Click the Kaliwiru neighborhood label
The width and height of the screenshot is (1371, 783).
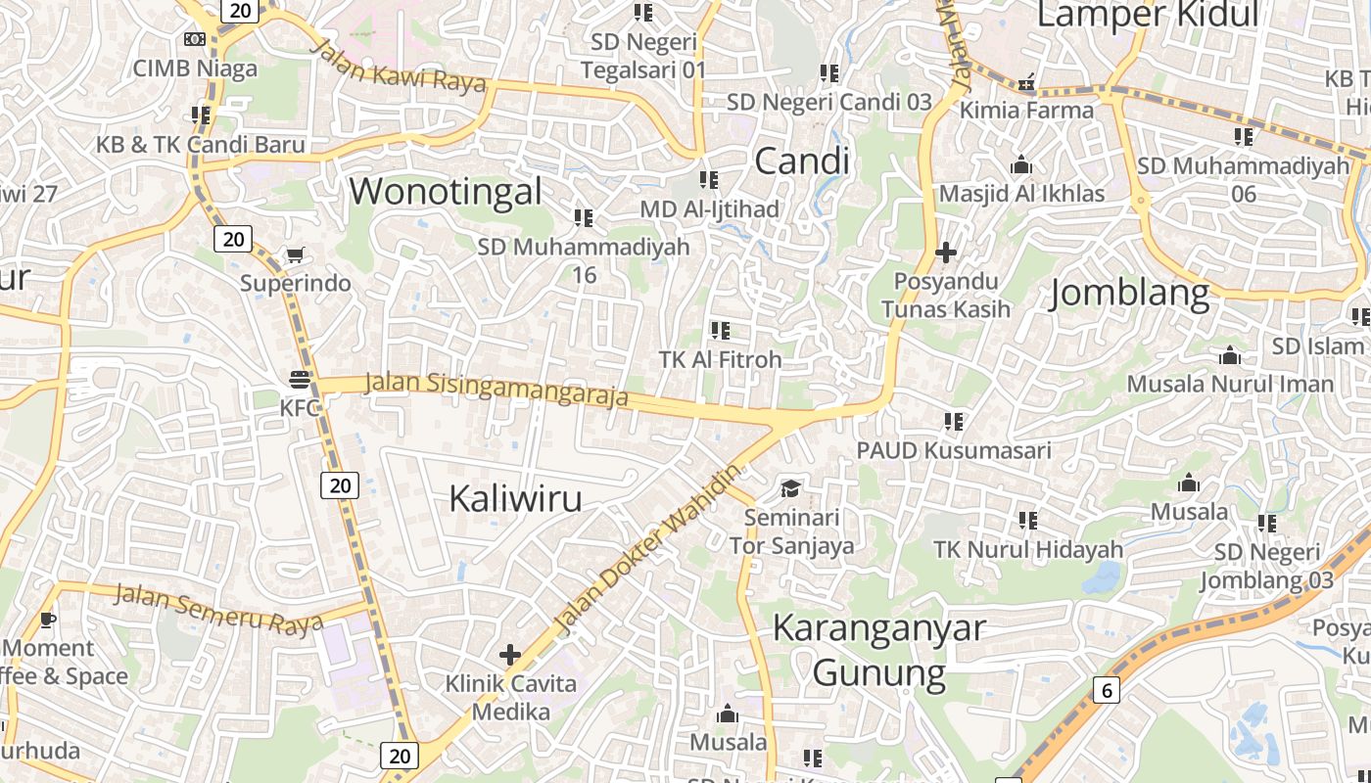pos(515,499)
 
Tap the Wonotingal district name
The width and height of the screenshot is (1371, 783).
pos(446,191)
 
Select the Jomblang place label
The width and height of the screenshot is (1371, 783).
pos(1129,294)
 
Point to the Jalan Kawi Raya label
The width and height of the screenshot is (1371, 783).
pos(402,66)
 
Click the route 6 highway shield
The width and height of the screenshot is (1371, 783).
pos(1107,690)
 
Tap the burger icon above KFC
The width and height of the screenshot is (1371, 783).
pos(300,380)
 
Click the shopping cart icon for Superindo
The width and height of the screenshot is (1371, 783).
pos(294,255)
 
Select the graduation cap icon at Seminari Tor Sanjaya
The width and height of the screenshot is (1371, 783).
pos(790,487)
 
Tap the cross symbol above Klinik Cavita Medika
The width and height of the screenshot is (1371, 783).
pos(509,654)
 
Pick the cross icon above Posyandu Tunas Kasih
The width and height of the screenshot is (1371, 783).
pos(945,253)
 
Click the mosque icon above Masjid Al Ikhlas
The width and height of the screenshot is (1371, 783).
pos(1021,164)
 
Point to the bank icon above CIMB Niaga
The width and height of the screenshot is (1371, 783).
pos(195,39)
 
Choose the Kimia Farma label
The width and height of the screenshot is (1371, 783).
pos(1026,110)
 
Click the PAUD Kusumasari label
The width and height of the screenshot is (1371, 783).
pos(954,450)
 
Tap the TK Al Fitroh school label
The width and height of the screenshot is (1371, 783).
pos(721,359)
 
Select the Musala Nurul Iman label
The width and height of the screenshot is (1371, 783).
pos(1230,384)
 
